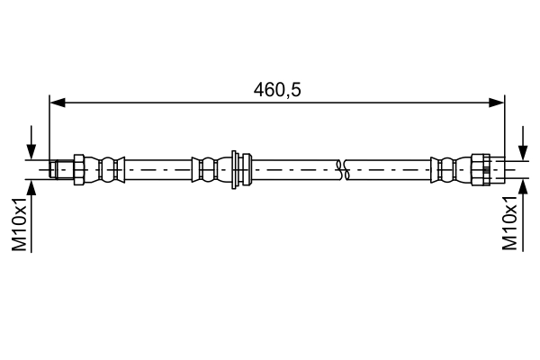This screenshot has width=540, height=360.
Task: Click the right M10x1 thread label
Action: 510,224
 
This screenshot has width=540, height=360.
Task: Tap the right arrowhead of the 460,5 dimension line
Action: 497,103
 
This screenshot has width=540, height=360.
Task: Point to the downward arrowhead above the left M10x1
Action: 32,153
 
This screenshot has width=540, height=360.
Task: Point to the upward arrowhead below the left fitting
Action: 32,184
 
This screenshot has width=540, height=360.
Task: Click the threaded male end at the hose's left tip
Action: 60,167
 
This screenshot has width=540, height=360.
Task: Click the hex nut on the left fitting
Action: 78,167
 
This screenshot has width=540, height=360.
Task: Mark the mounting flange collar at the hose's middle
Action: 237,167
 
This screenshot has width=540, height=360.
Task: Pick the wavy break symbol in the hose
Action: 342,167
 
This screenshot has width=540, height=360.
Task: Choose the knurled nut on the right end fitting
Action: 482,167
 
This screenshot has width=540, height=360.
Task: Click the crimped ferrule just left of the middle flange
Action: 208,167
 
